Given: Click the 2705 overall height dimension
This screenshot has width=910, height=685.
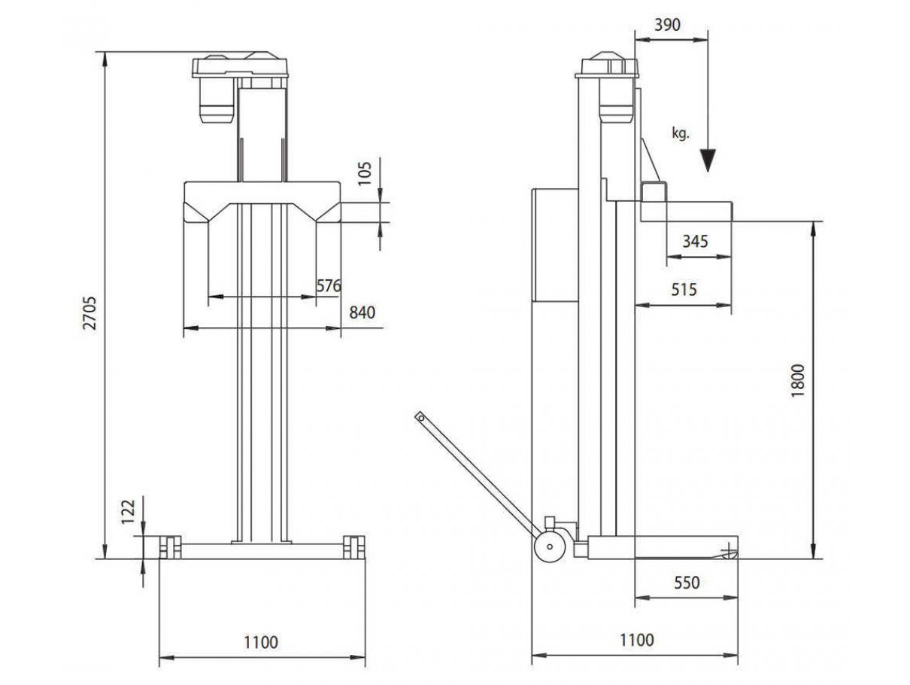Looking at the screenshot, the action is (x=89, y=313).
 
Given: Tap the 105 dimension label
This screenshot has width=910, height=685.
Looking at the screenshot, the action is (x=365, y=174).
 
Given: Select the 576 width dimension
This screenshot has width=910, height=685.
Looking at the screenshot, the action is (x=329, y=285).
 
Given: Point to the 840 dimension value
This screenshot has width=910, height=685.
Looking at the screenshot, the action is (x=362, y=312).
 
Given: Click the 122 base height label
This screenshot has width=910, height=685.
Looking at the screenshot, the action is (x=129, y=512).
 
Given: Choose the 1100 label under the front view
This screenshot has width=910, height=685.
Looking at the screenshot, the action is (x=261, y=642).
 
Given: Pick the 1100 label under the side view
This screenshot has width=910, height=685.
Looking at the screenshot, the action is (x=637, y=639).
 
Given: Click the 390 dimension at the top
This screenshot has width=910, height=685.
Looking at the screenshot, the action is (x=668, y=25).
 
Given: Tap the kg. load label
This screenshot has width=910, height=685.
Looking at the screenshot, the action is (x=681, y=133).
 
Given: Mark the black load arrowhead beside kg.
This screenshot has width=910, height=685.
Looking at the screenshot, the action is (x=708, y=160).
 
